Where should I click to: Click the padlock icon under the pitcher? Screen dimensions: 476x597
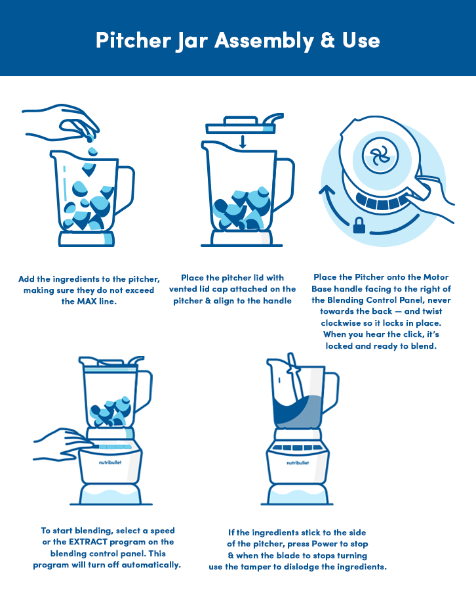(x=359, y=225)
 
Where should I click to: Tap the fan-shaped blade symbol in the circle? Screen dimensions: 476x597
(x=380, y=156)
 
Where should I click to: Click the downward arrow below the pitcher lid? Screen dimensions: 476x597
(x=243, y=141)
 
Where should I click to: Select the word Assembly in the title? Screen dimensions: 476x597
(x=264, y=41)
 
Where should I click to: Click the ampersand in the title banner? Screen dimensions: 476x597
(x=327, y=40)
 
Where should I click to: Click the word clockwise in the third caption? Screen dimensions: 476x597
(x=340, y=323)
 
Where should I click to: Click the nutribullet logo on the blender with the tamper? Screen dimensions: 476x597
(x=298, y=463)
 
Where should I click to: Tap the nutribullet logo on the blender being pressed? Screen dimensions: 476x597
(x=110, y=462)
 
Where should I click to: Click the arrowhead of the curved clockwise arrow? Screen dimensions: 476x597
(x=327, y=191)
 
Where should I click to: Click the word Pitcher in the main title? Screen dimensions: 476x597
(x=133, y=40)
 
